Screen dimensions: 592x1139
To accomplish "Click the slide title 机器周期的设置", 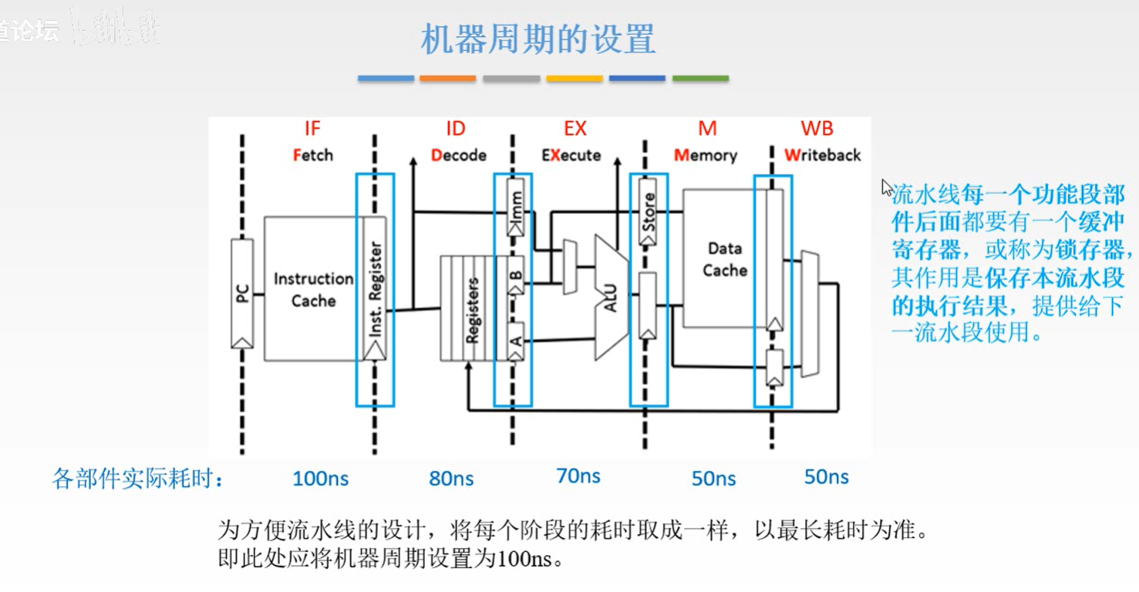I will [x=537, y=39].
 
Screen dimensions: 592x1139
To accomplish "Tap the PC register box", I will [x=242, y=293].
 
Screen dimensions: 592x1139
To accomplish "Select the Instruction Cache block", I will [x=312, y=289].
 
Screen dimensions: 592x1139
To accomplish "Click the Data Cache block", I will [x=724, y=259].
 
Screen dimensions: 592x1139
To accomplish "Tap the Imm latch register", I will [x=516, y=207].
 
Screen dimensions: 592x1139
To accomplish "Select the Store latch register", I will [x=648, y=211].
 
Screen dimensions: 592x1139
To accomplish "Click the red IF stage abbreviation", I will [x=312, y=128].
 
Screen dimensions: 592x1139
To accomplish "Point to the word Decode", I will [x=458, y=155].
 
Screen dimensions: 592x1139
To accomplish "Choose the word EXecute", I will [x=571, y=155].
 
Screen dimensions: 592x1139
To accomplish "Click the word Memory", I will [x=706, y=155].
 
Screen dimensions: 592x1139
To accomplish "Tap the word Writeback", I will [x=822, y=155].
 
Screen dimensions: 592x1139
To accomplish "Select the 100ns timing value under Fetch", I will [x=320, y=479].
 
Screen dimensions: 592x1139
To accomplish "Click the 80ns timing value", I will [x=451, y=479].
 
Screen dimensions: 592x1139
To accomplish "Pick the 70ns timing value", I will [x=578, y=476].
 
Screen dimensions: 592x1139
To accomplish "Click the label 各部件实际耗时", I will [x=138, y=479].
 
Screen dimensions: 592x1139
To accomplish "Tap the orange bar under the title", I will [x=447, y=78].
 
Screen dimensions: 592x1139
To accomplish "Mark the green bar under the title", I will [x=700, y=78].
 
